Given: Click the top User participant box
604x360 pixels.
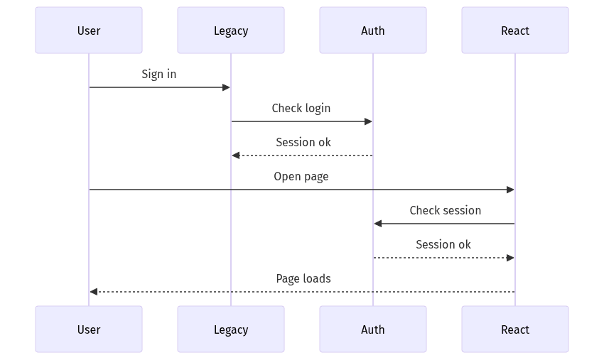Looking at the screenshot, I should coord(89,31).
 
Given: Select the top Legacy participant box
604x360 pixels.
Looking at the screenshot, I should coord(231,31).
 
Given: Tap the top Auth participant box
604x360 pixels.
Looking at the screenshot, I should coord(373,31).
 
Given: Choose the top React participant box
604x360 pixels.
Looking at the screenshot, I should coord(515,31).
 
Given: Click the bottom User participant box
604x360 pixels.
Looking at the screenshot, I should coord(89,329).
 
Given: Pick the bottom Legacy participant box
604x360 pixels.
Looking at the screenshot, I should coord(231,329).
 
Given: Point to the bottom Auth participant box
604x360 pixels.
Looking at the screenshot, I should coord(373,329).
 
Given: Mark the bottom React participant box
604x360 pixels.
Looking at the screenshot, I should coord(515,329).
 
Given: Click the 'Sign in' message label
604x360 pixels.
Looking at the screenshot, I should coord(159,74).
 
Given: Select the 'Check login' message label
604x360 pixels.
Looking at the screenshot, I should coord(301,108).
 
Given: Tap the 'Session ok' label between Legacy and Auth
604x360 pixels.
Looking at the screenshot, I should coord(303,142).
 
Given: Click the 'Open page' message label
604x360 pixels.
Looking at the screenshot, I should coord(301,176).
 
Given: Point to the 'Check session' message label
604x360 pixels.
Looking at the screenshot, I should coord(446,210).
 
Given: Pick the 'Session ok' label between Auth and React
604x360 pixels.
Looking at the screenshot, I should coord(443,244).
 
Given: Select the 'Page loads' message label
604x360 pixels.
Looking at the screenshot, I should coord(303,278).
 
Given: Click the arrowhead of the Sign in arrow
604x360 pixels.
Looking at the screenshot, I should coord(227,87).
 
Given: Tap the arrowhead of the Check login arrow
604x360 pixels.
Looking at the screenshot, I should coord(369,121).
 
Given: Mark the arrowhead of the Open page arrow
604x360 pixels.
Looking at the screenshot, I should coord(510,190).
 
